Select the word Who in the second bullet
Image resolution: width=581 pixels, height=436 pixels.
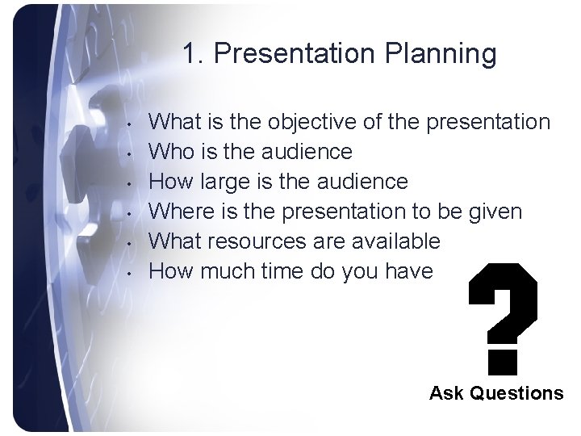coord(173,152)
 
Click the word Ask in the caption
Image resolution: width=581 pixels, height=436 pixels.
coord(445,393)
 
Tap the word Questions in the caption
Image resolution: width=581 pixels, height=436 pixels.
coord(515,394)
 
